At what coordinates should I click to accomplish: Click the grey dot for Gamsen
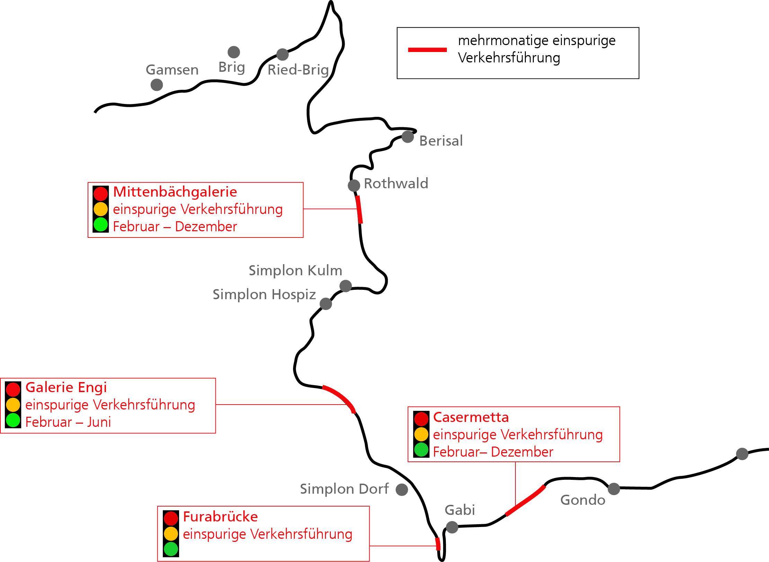pyautogui.click(x=157, y=85)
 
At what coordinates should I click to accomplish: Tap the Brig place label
pyautogui.click(x=232, y=67)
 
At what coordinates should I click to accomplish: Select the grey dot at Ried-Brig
pyautogui.click(x=283, y=54)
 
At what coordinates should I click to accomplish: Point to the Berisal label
pyautogui.click(x=441, y=141)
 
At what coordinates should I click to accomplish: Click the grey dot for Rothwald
pyautogui.click(x=354, y=185)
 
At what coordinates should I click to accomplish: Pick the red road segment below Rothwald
pyautogui.click(x=359, y=209)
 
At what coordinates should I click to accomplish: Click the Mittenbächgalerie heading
pyautogui.click(x=175, y=192)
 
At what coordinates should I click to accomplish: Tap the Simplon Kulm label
pyautogui.click(x=295, y=270)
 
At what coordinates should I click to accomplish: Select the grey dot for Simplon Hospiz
pyautogui.click(x=326, y=304)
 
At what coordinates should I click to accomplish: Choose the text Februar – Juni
pyautogui.click(x=68, y=422)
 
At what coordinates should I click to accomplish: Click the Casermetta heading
pyautogui.click(x=471, y=417)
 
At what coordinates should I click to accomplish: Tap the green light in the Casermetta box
pyautogui.click(x=422, y=450)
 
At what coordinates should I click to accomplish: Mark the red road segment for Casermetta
pyautogui.click(x=525, y=501)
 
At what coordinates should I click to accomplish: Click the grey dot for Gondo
pyautogui.click(x=614, y=489)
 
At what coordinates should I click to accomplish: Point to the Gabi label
pyautogui.click(x=460, y=510)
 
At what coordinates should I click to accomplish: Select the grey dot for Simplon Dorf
pyautogui.click(x=402, y=490)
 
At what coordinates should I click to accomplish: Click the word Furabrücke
pyautogui.click(x=220, y=517)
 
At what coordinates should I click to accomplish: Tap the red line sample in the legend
pyautogui.click(x=427, y=50)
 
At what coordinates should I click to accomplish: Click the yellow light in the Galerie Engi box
pyautogui.click(x=13, y=405)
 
